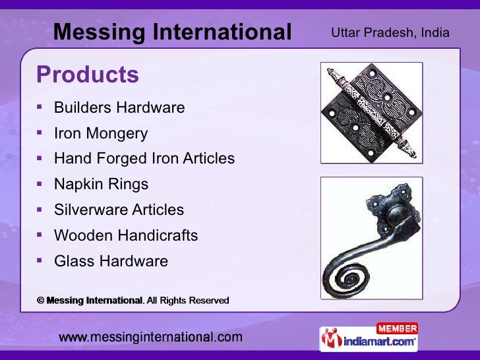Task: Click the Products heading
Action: click(88, 75)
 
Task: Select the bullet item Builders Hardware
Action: click(119, 107)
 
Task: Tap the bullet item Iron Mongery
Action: click(101, 134)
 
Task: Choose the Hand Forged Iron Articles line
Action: click(144, 159)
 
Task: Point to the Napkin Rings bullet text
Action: click(101, 185)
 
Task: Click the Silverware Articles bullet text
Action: click(119, 210)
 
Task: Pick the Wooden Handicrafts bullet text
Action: click(126, 235)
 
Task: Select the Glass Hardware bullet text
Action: click(111, 261)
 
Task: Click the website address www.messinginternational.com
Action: click(151, 338)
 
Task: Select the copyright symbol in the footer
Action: click(40, 301)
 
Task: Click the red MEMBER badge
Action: click(397, 328)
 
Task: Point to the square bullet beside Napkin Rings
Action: click(40, 185)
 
